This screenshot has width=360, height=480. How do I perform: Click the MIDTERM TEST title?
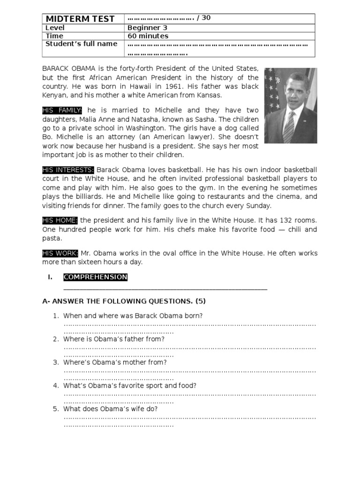click(80, 19)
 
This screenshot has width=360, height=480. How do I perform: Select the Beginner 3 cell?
click(147, 28)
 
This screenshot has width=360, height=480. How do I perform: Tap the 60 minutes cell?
click(148, 36)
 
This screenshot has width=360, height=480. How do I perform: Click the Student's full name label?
click(81, 44)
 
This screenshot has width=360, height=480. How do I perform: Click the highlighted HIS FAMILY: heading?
click(62, 110)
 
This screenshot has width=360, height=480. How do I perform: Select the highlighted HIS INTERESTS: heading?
click(68, 170)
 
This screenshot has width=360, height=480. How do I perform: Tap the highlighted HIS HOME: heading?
click(60, 220)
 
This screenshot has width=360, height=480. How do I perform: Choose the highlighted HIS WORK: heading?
click(60, 253)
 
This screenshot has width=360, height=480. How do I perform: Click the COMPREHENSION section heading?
click(96, 277)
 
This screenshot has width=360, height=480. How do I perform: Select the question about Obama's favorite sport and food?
click(130, 385)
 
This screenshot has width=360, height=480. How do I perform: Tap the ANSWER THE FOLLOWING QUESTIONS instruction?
click(124, 301)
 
